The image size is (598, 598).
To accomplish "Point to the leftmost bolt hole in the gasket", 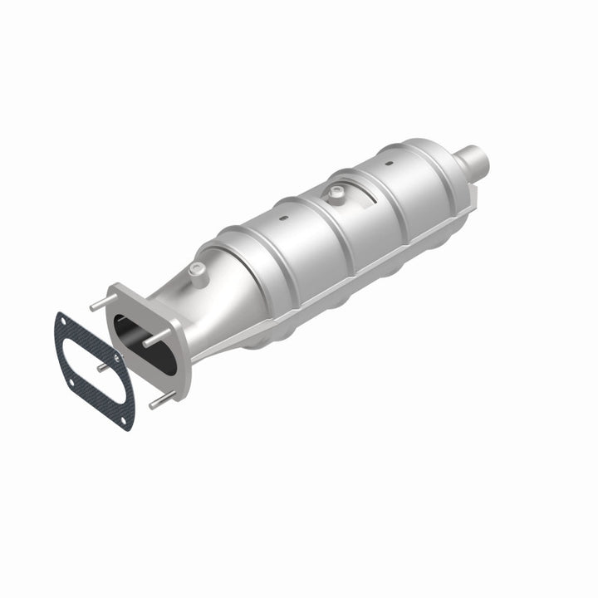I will pyautogui.click(x=72, y=381).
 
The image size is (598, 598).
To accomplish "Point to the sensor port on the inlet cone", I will pyautogui.click(x=197, y=269).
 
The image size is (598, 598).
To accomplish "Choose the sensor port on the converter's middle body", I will pyautogui.click(x=336, y=194).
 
